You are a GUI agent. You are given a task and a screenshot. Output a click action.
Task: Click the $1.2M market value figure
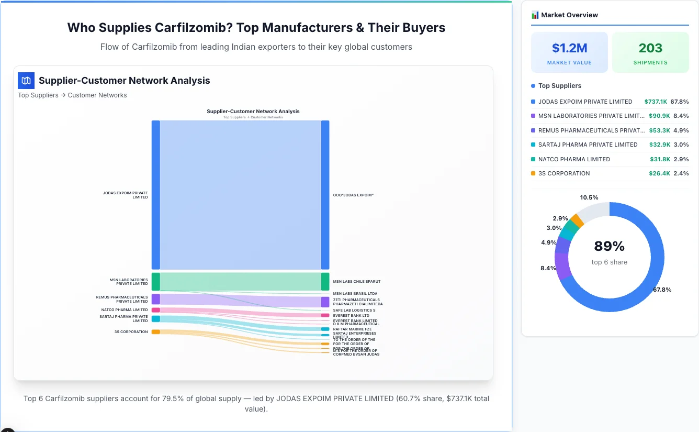tap(569, 48)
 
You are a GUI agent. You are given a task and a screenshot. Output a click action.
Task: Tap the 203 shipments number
tap(650, 48)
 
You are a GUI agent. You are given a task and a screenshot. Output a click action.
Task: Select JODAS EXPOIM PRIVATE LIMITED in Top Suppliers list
tap(585, 102)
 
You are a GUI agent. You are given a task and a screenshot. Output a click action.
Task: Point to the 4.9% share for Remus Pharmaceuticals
tap(681, 130)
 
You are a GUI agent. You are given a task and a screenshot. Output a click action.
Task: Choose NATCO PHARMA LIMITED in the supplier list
tap(574, 159)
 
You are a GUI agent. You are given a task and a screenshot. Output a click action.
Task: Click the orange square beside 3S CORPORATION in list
tap(533, 173)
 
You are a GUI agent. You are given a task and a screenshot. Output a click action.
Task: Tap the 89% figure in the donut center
tap(609, 246)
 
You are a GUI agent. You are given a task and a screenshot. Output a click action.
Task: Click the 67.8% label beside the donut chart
tap(662, 290)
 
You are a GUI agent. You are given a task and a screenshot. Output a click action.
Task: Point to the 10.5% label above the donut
tap(589, 197)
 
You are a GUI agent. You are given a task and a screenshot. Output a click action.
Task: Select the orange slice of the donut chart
tap(577, 220)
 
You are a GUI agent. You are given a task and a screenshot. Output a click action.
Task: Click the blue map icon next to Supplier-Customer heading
tap(26, 81)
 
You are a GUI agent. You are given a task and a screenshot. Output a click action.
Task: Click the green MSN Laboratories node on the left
tap(156, 281)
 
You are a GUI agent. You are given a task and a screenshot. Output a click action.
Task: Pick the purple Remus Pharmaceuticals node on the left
tap(156, 299)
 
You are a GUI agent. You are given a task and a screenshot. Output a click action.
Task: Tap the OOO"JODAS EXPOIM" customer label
tap(353, 195)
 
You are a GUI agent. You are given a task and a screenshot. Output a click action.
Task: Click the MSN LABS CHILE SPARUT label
tap(356, 282)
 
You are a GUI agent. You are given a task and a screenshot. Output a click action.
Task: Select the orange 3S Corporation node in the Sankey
tap(156, 331)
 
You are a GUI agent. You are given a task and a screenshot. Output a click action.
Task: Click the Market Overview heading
tap(569, 15)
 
